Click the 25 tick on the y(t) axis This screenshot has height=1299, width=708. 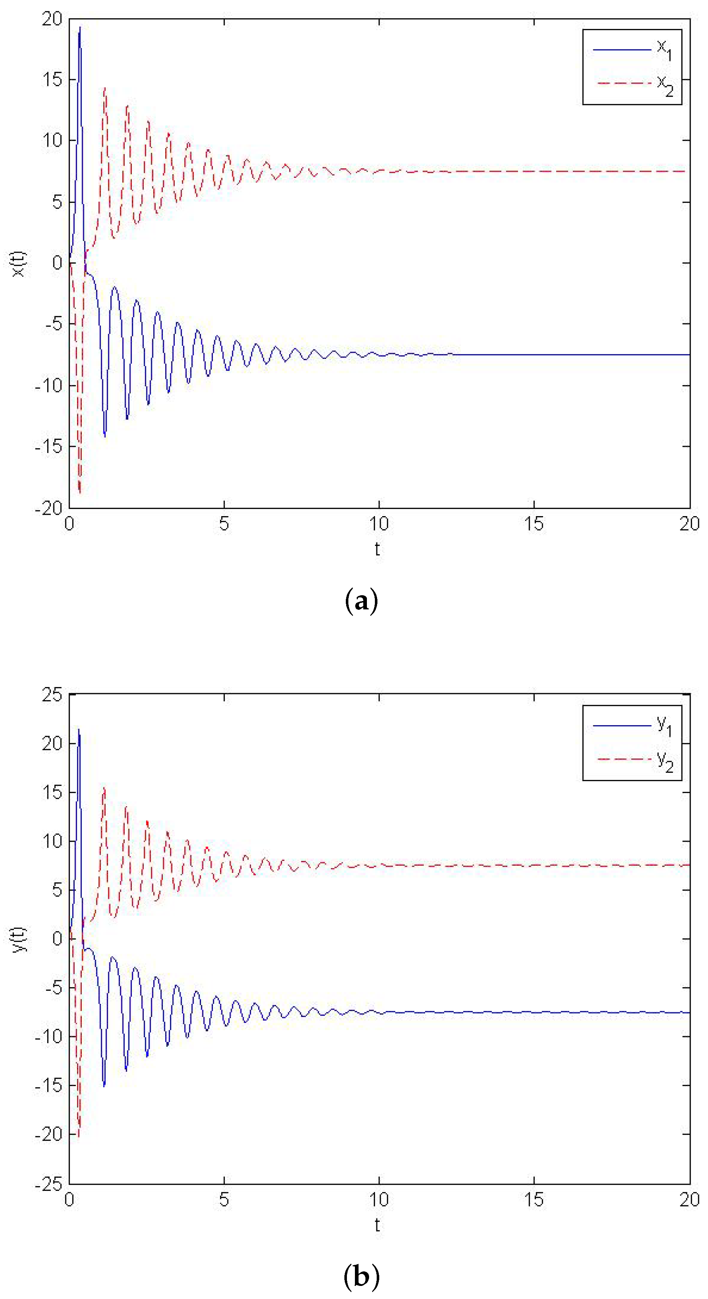(52, 695)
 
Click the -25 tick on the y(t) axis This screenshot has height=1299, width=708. (49, 1184)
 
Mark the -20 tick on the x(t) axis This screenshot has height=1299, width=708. (49, 508)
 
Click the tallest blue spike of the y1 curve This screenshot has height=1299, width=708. (78, 730)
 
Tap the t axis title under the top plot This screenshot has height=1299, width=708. (377, 549)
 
